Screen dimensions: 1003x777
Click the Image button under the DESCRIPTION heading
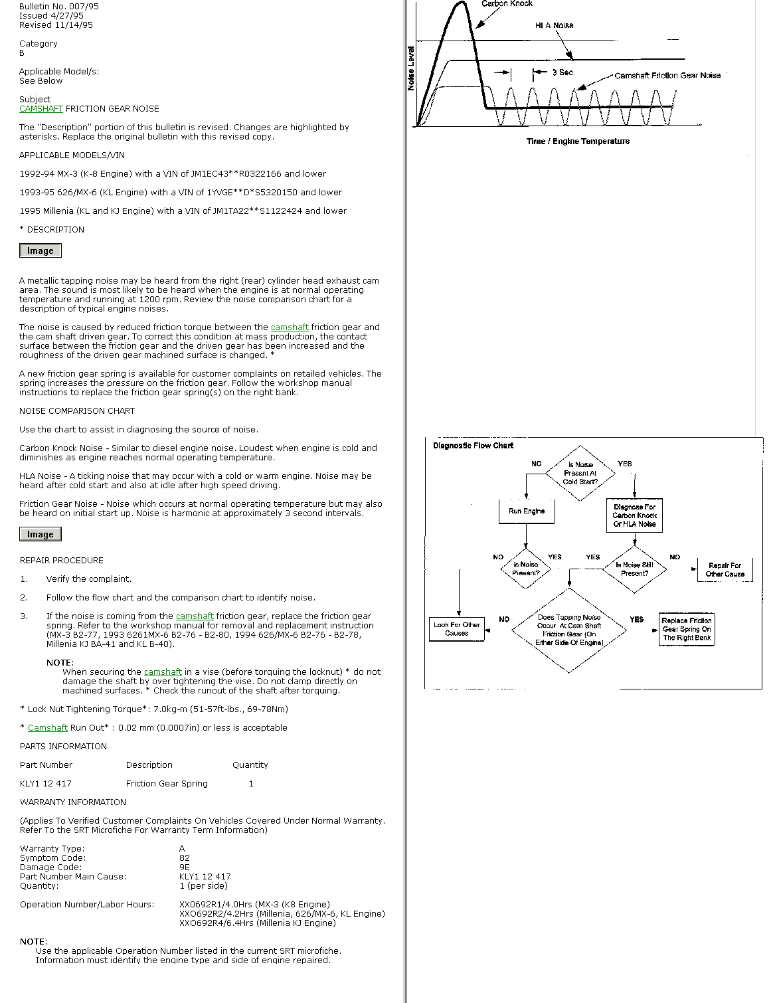click(x=41, y=250)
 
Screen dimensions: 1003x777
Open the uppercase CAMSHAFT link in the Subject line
click(x=41, y=109)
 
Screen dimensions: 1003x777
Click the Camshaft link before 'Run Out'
click(x=48, y=728)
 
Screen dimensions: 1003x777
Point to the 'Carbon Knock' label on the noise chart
click(x=507, y=4)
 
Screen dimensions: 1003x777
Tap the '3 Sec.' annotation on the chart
click(x=563, y=72)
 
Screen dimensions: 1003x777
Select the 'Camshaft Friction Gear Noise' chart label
click(x=667, y=76)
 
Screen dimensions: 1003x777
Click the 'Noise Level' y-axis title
click(x=411, y=68)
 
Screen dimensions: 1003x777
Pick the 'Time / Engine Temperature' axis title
click(x=578, y=141)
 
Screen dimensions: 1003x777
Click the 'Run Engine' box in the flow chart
click(x=527, y=511)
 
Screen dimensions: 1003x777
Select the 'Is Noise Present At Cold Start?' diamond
click(x=580, y=473)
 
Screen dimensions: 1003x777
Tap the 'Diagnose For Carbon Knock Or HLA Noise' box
click(x=635, y=515)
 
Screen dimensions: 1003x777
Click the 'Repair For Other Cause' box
click(x=725, y=570)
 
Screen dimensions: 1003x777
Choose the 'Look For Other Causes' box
click(x=457, y=628)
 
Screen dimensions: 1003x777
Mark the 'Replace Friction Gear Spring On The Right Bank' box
click(x=687, y=629)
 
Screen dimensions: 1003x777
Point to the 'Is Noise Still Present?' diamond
click(x=634, y=569)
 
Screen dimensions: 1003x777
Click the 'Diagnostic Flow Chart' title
click(x=473, y=446)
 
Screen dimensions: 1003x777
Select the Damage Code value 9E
click(x=185, y=867)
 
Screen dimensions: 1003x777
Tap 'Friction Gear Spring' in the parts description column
click(x=167, y=784)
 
